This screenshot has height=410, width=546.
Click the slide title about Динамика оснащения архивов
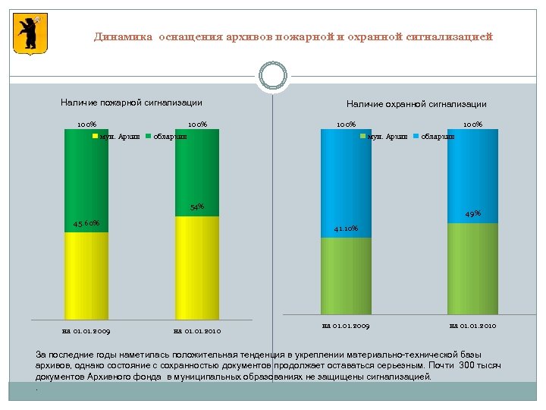[293, 36]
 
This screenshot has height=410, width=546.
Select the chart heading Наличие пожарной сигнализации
[131, 102]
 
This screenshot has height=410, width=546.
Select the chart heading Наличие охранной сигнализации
[416, 104]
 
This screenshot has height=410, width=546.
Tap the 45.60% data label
[86, 223]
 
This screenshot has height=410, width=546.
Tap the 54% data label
[196, 207]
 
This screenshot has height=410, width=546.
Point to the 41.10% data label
[346, 229]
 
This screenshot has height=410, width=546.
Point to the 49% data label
[472, 213]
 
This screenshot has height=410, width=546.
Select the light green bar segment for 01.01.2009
[346, 276]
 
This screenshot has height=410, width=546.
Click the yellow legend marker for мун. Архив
[96, 137]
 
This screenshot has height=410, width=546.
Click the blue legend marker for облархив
[416, 137]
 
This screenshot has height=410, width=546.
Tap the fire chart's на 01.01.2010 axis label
[196, 331]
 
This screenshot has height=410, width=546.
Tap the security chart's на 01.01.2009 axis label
[346, 326]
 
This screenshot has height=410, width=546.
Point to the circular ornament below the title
[273, 76]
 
